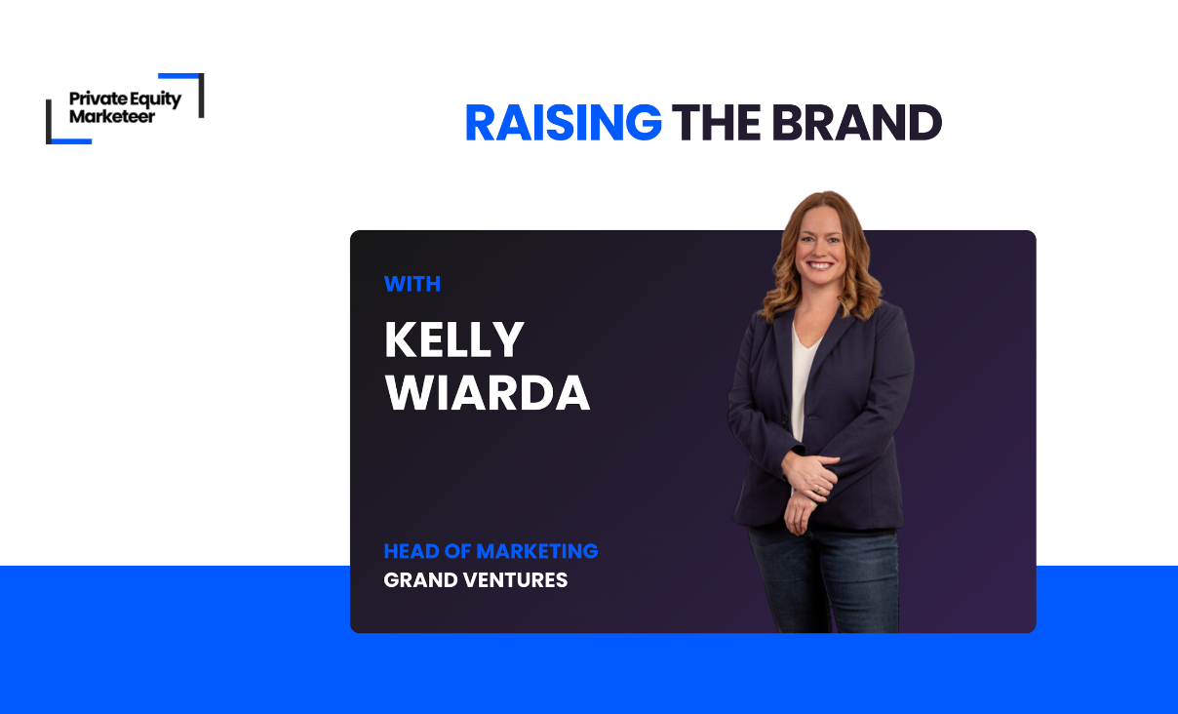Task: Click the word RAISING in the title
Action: (x=564, y=123)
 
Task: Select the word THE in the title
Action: (x=716, y=123)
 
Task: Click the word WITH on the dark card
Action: (x=412, y=284)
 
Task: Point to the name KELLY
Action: (x=454, y=339)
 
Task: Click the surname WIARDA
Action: (x=488, y=392)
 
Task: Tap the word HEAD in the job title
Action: (x=412, y=551)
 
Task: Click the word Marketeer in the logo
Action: (x=112, y=116)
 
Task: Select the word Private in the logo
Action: (x=98, y=99)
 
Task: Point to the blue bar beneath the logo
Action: (x=71, y=141)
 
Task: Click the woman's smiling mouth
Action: (x=820, y=264)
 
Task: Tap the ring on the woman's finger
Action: (x=818, y=490)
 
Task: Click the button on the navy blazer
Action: (x=786, y=420)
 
